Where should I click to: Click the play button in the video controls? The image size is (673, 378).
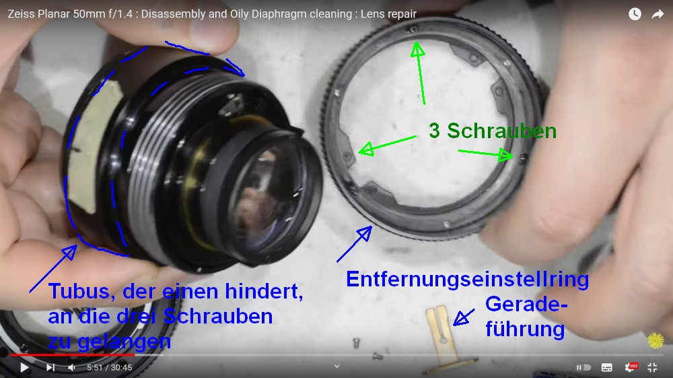pos(24,367)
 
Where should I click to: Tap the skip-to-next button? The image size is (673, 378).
pos(50,367)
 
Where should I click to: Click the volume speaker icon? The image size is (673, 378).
pos(72,367)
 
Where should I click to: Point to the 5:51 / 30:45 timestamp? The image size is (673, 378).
pos(109,368)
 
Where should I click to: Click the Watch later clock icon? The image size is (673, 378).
pos(635,14)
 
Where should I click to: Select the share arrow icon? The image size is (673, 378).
pos(658,14)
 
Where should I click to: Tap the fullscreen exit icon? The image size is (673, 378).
pos(652,367)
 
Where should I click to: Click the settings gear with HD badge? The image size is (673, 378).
pos(631,367)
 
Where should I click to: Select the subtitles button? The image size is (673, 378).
pos(606,367)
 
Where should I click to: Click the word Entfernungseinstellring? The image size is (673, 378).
pos(468,280)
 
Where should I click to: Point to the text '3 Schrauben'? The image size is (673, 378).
pos(493,131)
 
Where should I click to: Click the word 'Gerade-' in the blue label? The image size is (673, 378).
pos(527,304)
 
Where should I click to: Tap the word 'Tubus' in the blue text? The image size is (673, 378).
pos(81,291)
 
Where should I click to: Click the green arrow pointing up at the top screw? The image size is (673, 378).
pos(420,72)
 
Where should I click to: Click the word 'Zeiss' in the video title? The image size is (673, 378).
pos(21,14)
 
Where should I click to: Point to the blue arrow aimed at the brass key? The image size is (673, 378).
pos(464,317)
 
